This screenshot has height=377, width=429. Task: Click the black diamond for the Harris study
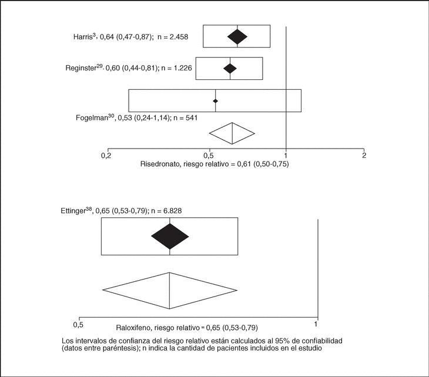click(x=237, y=36)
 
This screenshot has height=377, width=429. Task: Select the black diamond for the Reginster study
click(x=230, y=68)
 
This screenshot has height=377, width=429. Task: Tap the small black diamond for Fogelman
click(x=216, y=101)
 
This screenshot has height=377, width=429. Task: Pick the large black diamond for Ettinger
click(x=170, y=236)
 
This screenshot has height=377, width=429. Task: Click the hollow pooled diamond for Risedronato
click(x=232, y=133)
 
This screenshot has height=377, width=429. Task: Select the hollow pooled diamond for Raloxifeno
click(x=170, y=290)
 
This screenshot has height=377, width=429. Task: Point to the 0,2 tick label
click(x=106, y=155)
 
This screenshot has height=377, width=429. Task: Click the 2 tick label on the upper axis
click(x=364, y=155)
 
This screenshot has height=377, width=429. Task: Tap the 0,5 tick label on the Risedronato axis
click(x=210, y=155)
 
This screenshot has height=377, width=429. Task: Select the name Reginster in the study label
click(x=81, y=68)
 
